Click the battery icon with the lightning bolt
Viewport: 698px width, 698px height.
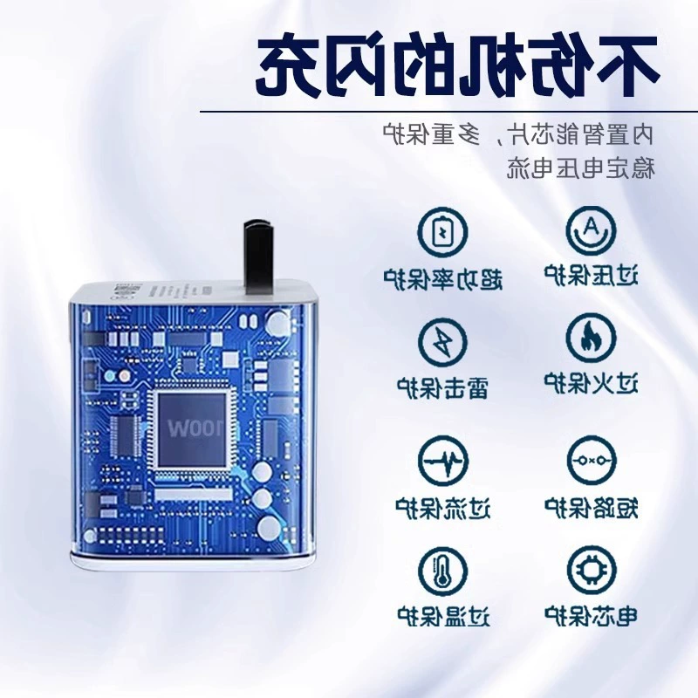coord(443,232)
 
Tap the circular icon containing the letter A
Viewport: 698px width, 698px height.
coord(592,230)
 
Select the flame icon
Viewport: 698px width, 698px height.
coord(592,339)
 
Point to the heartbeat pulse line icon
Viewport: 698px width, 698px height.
coord(443,461)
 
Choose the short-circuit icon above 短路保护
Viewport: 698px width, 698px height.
coord(592,461)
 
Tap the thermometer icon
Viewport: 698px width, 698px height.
coord(443,572)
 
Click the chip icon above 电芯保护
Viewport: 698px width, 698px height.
coord(592,571)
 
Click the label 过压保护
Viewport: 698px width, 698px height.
coord(592,275)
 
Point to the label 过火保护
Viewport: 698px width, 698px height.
coord(592,383)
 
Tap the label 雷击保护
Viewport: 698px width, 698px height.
coord(443,387)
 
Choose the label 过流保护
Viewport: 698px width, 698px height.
coord(443,508)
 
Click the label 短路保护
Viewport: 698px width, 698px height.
coord(592,508)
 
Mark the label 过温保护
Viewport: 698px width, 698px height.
coord(443,616)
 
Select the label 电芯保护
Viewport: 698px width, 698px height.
coord(592,616)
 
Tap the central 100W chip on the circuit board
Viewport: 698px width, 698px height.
coord(192,428)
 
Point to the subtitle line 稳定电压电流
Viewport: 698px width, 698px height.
coord(581,168)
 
